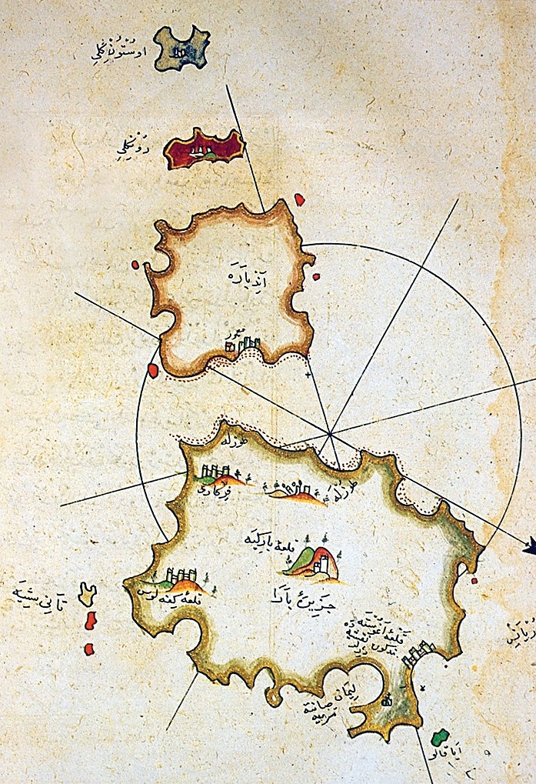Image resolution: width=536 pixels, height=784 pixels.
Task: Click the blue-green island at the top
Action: (x=181, y=49)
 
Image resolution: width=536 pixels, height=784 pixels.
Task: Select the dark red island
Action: (x=205, y=148)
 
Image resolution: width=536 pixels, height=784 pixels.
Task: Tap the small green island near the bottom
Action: (x=439, y=737)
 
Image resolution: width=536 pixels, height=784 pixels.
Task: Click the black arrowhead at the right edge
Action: (x=529, y=549)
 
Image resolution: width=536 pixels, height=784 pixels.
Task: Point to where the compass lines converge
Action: (x=331, y=435)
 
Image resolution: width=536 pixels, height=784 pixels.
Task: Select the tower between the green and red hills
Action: (x=324, y=563)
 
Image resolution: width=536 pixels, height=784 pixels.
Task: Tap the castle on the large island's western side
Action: (x=183, y=577)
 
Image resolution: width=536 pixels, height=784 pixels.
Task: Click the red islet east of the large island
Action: (x=474, y=580)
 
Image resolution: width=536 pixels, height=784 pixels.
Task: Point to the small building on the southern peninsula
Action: (x=387, y=699)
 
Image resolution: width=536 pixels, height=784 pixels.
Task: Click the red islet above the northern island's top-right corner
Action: (x=299, y=200)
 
